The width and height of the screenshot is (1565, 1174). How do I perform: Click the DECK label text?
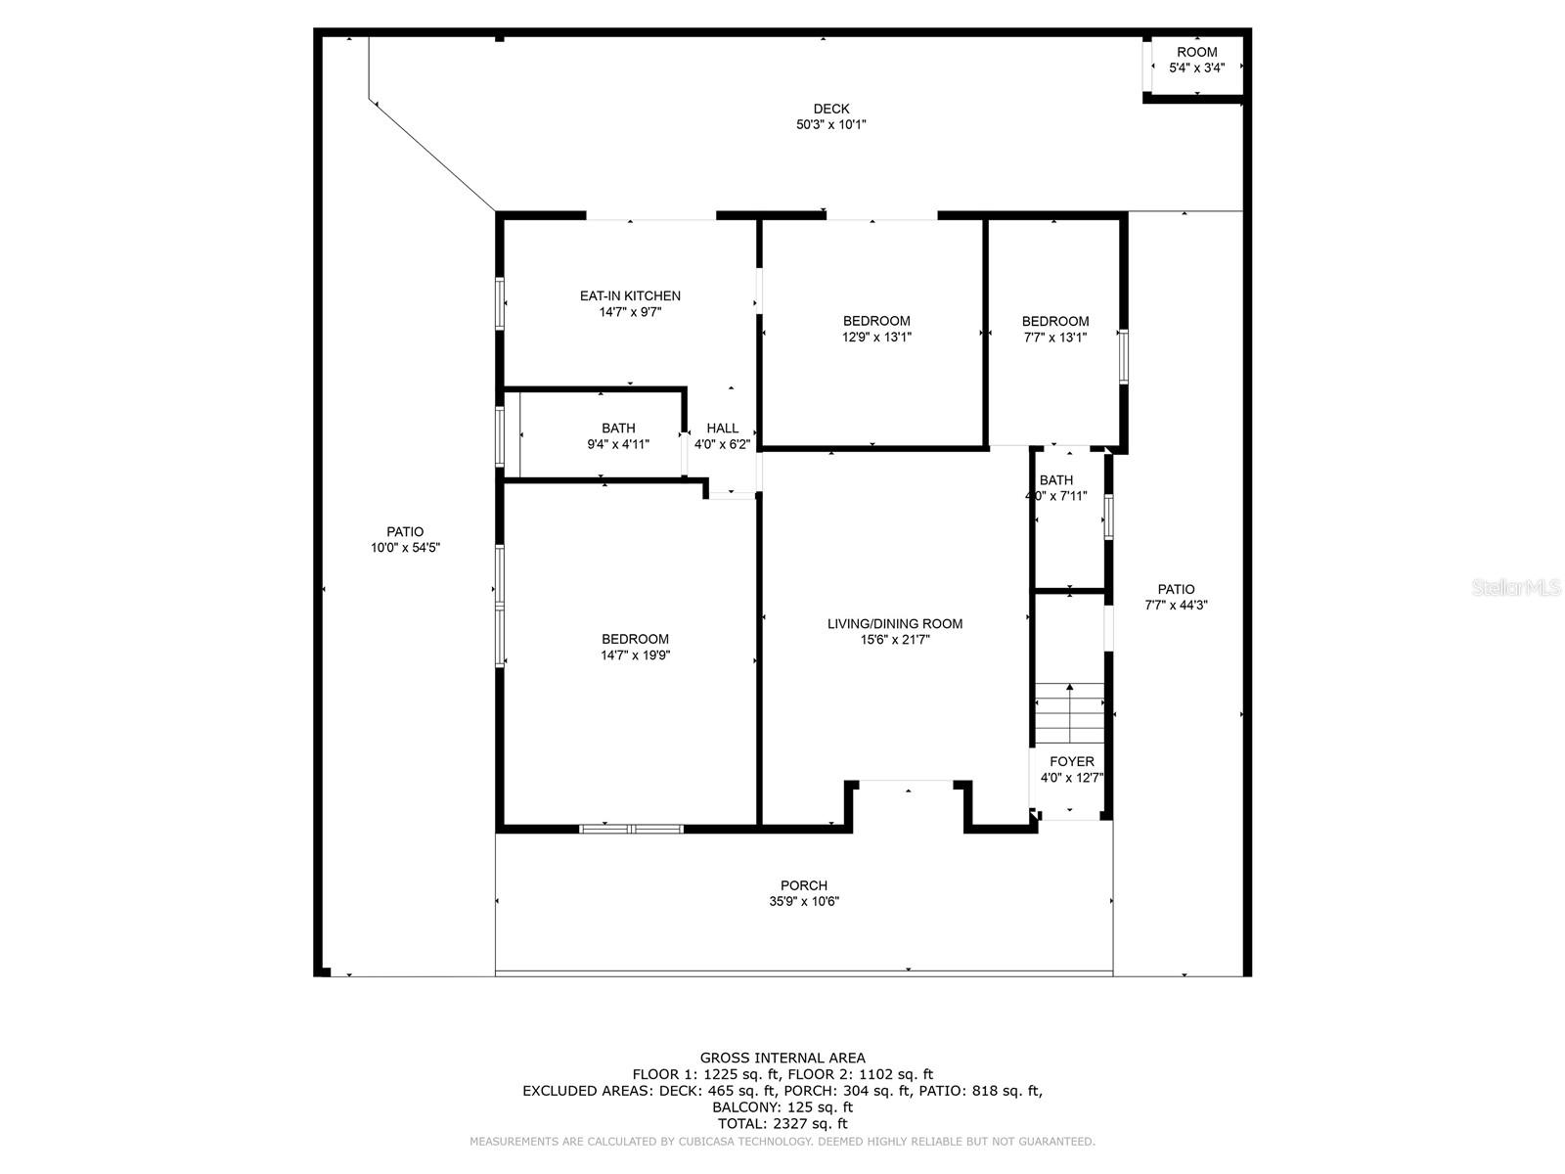[x=830, y=109]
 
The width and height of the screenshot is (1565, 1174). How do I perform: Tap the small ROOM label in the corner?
[x=1196, y=52]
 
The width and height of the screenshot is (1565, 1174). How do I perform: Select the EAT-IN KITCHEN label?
[x=630, y=295]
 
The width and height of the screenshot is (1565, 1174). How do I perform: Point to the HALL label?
[x=722, y=429]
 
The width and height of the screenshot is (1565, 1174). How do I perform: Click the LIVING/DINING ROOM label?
[x=895, y=624]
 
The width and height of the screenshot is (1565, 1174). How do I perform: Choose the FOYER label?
[x=1072, y=761]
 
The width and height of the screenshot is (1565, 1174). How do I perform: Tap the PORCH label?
[x=804, y=885]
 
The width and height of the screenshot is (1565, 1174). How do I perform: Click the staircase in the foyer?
[x=1069, y=713]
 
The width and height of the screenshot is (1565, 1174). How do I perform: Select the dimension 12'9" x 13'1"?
[x=876, y=338]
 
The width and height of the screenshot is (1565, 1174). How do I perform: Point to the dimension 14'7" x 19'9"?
[x=635, y=655]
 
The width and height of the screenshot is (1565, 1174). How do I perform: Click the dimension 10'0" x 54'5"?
[x=405, y=548]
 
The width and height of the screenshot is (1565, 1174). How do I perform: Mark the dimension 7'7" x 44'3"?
[x=1176, y=606]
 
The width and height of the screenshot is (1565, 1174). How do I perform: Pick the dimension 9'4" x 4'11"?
[x=618, y=444]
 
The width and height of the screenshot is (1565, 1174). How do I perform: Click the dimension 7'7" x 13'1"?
[x=1055, y=338]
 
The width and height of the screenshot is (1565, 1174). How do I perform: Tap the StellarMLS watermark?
[x=1516, y=587]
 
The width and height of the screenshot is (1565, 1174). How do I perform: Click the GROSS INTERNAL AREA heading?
[x=782, y=1059]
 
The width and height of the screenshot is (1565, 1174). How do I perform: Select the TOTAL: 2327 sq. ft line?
[x=782, y=1124]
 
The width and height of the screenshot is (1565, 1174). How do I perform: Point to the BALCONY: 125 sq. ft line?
[x=782, y=1107]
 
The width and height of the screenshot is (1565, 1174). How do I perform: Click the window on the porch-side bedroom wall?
[x=631, y=829]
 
